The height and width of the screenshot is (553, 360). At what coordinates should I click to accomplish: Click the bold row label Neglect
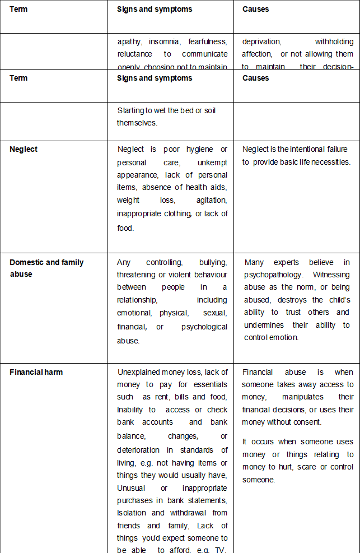click(x=24, y=149)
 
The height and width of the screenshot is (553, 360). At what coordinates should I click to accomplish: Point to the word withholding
click(x=334, y=41)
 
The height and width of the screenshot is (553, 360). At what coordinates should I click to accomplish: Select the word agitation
click(x=212, y=200)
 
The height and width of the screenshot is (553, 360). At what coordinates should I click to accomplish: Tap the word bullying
click(x=213, y=262)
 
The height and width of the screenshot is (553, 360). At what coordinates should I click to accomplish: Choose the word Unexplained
click(x=139, y=372)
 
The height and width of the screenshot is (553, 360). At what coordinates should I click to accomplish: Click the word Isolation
click(x=133, y=513)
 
